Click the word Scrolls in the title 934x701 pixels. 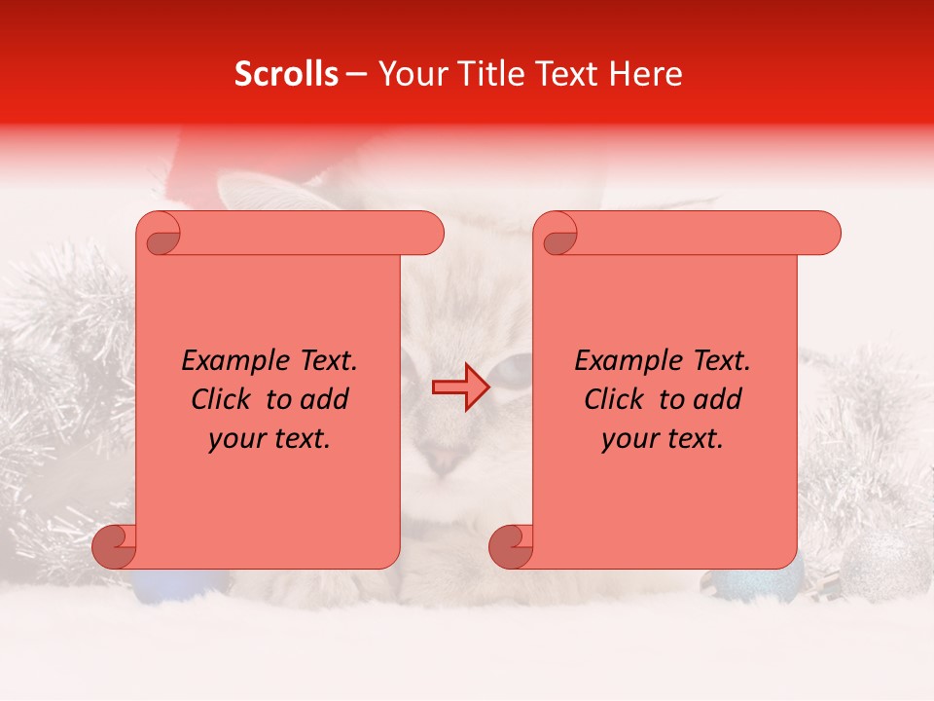(286, 74)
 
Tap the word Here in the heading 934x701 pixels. (648, 74)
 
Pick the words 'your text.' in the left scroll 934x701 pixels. (269, 438)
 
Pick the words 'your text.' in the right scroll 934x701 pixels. (662, 438)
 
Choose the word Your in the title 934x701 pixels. (411, 74)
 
